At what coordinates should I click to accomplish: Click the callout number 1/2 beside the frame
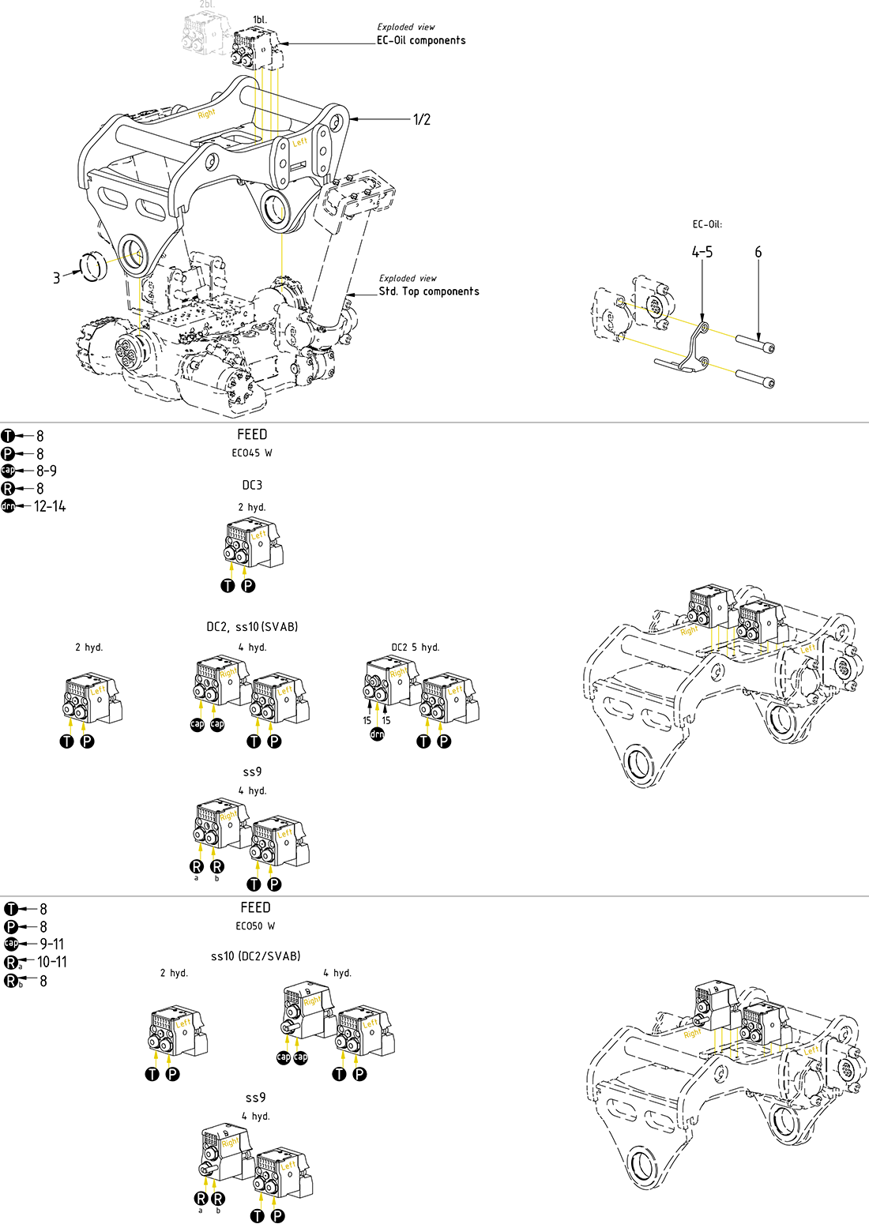pyautogui.click(x=422, y=120)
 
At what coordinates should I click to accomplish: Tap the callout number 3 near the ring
pyautogui.click(x=56, y=278)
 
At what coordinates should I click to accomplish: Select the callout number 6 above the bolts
pyautogui.click(x=758, y=253)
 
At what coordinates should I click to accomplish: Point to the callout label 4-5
pyautogui.click(x=702, y=253)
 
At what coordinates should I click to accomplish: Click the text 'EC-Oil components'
pyautogui.click(x=421, y=40)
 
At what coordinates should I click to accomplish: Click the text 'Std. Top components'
pyautogui.click(x=429, y=291)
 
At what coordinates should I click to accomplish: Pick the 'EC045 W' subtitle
pyautogui.click(x=252, y=453)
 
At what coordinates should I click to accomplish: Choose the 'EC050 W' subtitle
pyautogui.click(x=255, y=926)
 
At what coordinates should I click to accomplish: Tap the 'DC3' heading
pyautogui.click(x=252, y=485)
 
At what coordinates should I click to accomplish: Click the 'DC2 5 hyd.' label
pyautogui.click(x=416, y=648)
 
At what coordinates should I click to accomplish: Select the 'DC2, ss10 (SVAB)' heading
pyautogui.click(x=252, y=627)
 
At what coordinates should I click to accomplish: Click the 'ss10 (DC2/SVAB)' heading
pyautogui.click(x=255, y=956)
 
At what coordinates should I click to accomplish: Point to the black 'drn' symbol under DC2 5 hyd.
pyautogui.click(x=378, y=734)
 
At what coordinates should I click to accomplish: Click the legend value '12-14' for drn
pyautogui.click(x=51, y=506)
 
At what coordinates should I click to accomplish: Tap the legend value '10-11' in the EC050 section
pyautogui.click(x=52, y=962)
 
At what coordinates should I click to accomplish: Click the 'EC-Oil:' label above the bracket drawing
pyautogui.click(x=707, y=224)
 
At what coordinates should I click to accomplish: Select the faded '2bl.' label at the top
pyautogui.click(x=207, y=5)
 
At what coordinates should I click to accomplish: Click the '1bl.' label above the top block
pyautogui.click(x=259, y=19)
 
